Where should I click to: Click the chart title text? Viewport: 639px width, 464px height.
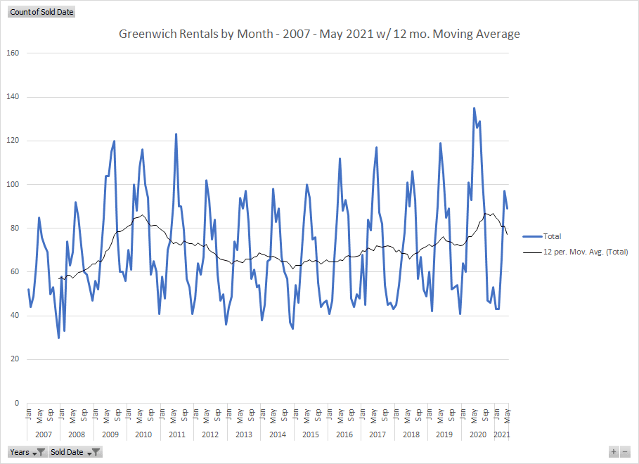(x=319, y=34)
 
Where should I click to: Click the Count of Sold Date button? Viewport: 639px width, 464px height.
(x=41, y=12)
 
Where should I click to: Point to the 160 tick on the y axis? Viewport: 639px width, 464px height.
(x=12, y=53)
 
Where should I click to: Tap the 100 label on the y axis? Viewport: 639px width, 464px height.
(x=12, y=185)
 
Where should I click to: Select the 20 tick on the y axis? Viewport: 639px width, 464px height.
(x=14, y=360)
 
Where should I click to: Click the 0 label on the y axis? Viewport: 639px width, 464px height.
(x=16, y=404)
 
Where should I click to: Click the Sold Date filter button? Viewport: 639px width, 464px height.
(x=75, y=452)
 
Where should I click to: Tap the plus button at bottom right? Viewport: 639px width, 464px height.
(x=614, y=452)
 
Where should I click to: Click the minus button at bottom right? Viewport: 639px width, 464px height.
(x=625, y=452)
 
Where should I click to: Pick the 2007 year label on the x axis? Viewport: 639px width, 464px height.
(x=43, y=435)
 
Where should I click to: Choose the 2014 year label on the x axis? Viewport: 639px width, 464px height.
(x=277, y=435)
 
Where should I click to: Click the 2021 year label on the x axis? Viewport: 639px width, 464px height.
(x=501, y=435)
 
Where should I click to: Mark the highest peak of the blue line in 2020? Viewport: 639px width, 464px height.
(x=474, y=108)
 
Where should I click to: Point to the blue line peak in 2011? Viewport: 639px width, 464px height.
(x=176, y=134)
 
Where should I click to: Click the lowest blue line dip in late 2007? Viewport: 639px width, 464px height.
(x=58, y=337)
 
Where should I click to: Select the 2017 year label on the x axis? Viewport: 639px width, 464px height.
(x=377, y=435)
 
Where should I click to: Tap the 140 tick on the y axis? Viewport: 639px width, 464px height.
(x=12, y=97)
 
